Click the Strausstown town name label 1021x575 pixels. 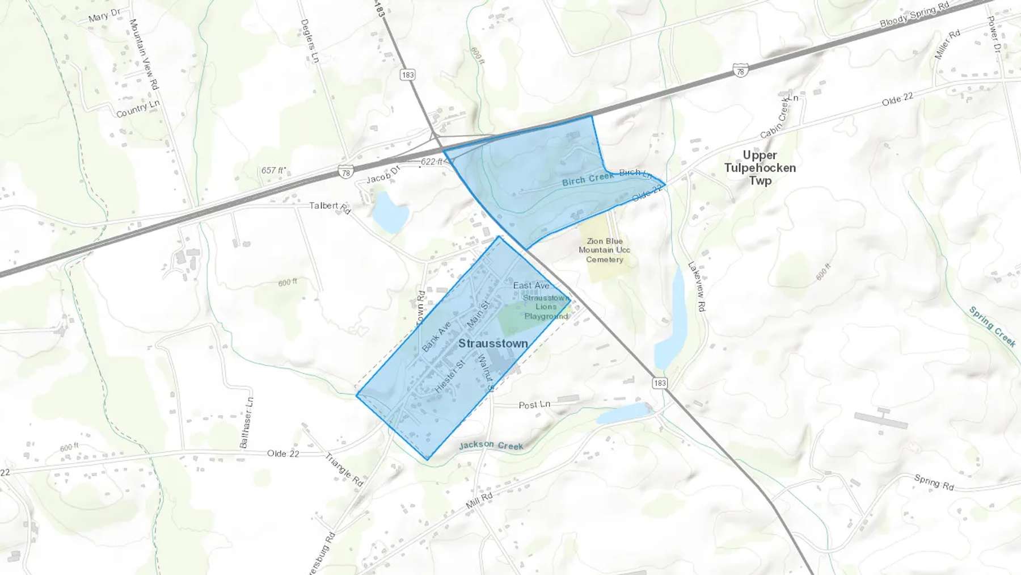pyautogui.click(x=493, y=343)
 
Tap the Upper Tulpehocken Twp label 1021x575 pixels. pyautogui.click(x=760, y=168)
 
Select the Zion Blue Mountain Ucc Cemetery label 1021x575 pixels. pyautogui.click(x=604, y=250)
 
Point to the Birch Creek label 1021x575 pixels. pyautogui.click(x=588, y=179)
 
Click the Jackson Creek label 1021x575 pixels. pyautogui.click(x=491, y=446)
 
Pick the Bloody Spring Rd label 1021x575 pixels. pyautogui.click(x=914, y=15)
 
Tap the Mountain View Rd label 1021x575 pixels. pyautogui.click(x=144, y=54)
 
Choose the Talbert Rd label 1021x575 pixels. pyautogui.click(x=330, y=207)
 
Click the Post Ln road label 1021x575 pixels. pyautogui.click(x=534, y=405)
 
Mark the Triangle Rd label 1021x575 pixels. pyautogui.click(x=344, y=469)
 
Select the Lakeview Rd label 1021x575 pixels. pyautogui.click(x=697, y=286)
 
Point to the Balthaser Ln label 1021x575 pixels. pyautogui.click(x=247, y=422)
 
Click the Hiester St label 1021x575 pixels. pyautogui.click(x=450, y=376)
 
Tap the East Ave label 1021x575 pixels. pyautogui.click(x=531, y=286)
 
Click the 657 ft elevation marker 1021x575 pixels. pyautogui.click(x=272, y=170)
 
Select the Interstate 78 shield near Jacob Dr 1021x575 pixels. pyautogui.click(x=345, y=171)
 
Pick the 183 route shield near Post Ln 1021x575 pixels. pyautogui.click(x=660, y=383)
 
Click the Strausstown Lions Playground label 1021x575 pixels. pyautogui.click(x=546, y=307)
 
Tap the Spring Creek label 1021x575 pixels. pyautogui.click(x=992, y=326)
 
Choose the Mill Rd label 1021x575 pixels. pyautogui.click(x=479, y=500)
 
